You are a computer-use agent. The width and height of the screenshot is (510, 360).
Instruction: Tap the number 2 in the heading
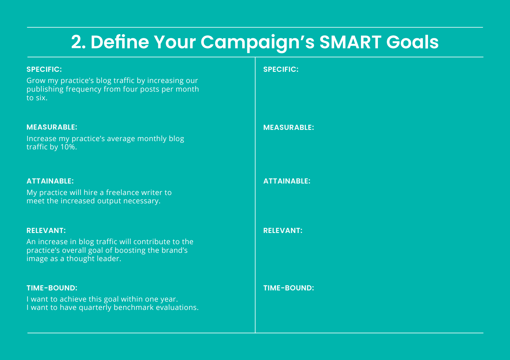(x=76, y=42)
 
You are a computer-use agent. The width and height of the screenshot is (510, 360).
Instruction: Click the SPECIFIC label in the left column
(x=44, y=69)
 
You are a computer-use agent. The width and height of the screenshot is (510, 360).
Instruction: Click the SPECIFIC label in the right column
(x=281, y=69)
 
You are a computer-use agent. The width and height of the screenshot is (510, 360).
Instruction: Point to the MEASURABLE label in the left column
(x=52, y=127)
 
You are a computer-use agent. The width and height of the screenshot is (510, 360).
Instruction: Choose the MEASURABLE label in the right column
(x=289, y=127)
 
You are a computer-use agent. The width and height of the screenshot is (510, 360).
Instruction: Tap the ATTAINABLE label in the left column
(x=50, y=181)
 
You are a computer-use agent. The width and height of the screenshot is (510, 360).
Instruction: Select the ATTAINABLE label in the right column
(x=287, y=181)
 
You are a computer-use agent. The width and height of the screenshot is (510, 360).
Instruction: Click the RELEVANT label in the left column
(x=46, y=230)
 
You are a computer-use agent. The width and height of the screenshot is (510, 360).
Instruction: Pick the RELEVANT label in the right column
(x=283, y=230)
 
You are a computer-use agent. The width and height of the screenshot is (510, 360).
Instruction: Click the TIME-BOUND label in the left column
(x=52, y=288)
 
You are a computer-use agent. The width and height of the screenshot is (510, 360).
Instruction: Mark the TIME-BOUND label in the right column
(x=289, y=288)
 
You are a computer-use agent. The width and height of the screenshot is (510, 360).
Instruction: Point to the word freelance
(x=122, y=192)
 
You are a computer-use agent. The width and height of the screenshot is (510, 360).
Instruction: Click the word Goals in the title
(x=412, y=42)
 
